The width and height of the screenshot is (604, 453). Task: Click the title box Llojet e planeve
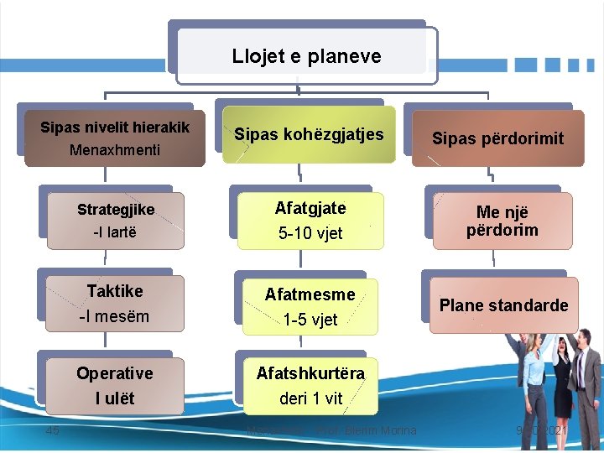306,56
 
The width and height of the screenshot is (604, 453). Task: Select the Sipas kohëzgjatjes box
309,134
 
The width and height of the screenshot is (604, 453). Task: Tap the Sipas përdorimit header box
497,138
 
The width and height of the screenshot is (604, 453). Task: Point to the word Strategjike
116,209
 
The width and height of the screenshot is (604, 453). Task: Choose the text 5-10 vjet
310,233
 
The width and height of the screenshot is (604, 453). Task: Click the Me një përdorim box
502,221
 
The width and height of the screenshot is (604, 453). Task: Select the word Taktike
115,291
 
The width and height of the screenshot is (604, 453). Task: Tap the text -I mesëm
114,316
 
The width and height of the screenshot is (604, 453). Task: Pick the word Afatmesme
310,294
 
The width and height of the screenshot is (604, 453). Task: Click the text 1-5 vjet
310,319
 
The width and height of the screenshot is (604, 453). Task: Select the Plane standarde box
503,305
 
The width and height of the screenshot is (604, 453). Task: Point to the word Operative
115,373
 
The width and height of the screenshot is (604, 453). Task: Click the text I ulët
115,398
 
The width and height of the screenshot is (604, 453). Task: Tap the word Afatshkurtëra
310,373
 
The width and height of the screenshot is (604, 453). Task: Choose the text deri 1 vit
310,398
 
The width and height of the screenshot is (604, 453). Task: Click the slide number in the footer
53,430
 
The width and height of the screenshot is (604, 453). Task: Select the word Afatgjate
310,207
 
